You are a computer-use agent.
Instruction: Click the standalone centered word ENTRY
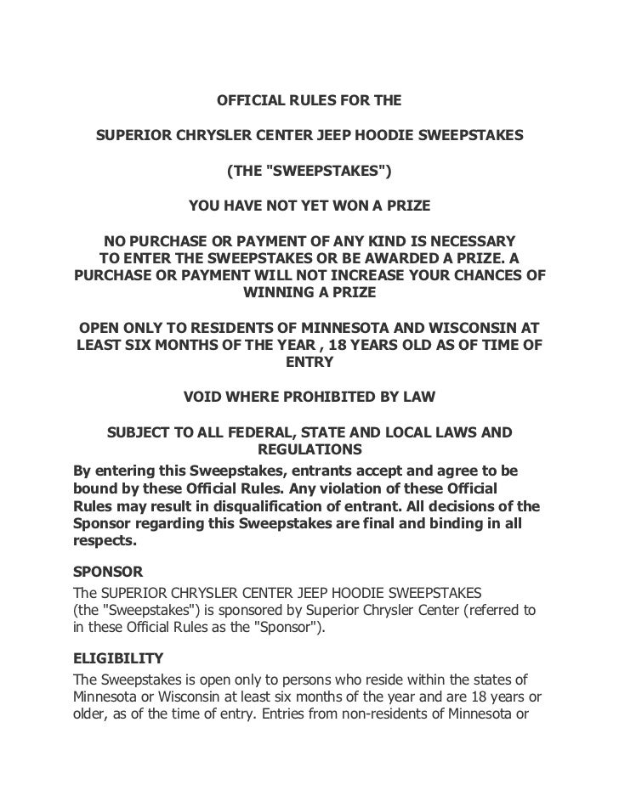[309, 362]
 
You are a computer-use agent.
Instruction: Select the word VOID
[204, 398]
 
